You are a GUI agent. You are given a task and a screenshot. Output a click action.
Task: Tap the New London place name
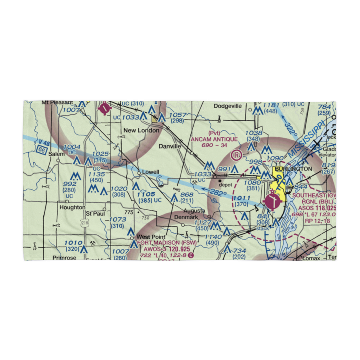click(x=141, y=130)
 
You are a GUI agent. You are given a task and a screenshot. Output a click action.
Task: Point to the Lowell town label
click(x=150, y=172)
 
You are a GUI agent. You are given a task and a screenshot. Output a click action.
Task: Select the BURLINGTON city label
click(x=293, y=169)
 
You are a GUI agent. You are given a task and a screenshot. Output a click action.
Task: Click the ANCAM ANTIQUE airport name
click(x=214, y=139)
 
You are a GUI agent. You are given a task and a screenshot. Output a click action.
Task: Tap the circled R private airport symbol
click(x=237, y=155)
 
